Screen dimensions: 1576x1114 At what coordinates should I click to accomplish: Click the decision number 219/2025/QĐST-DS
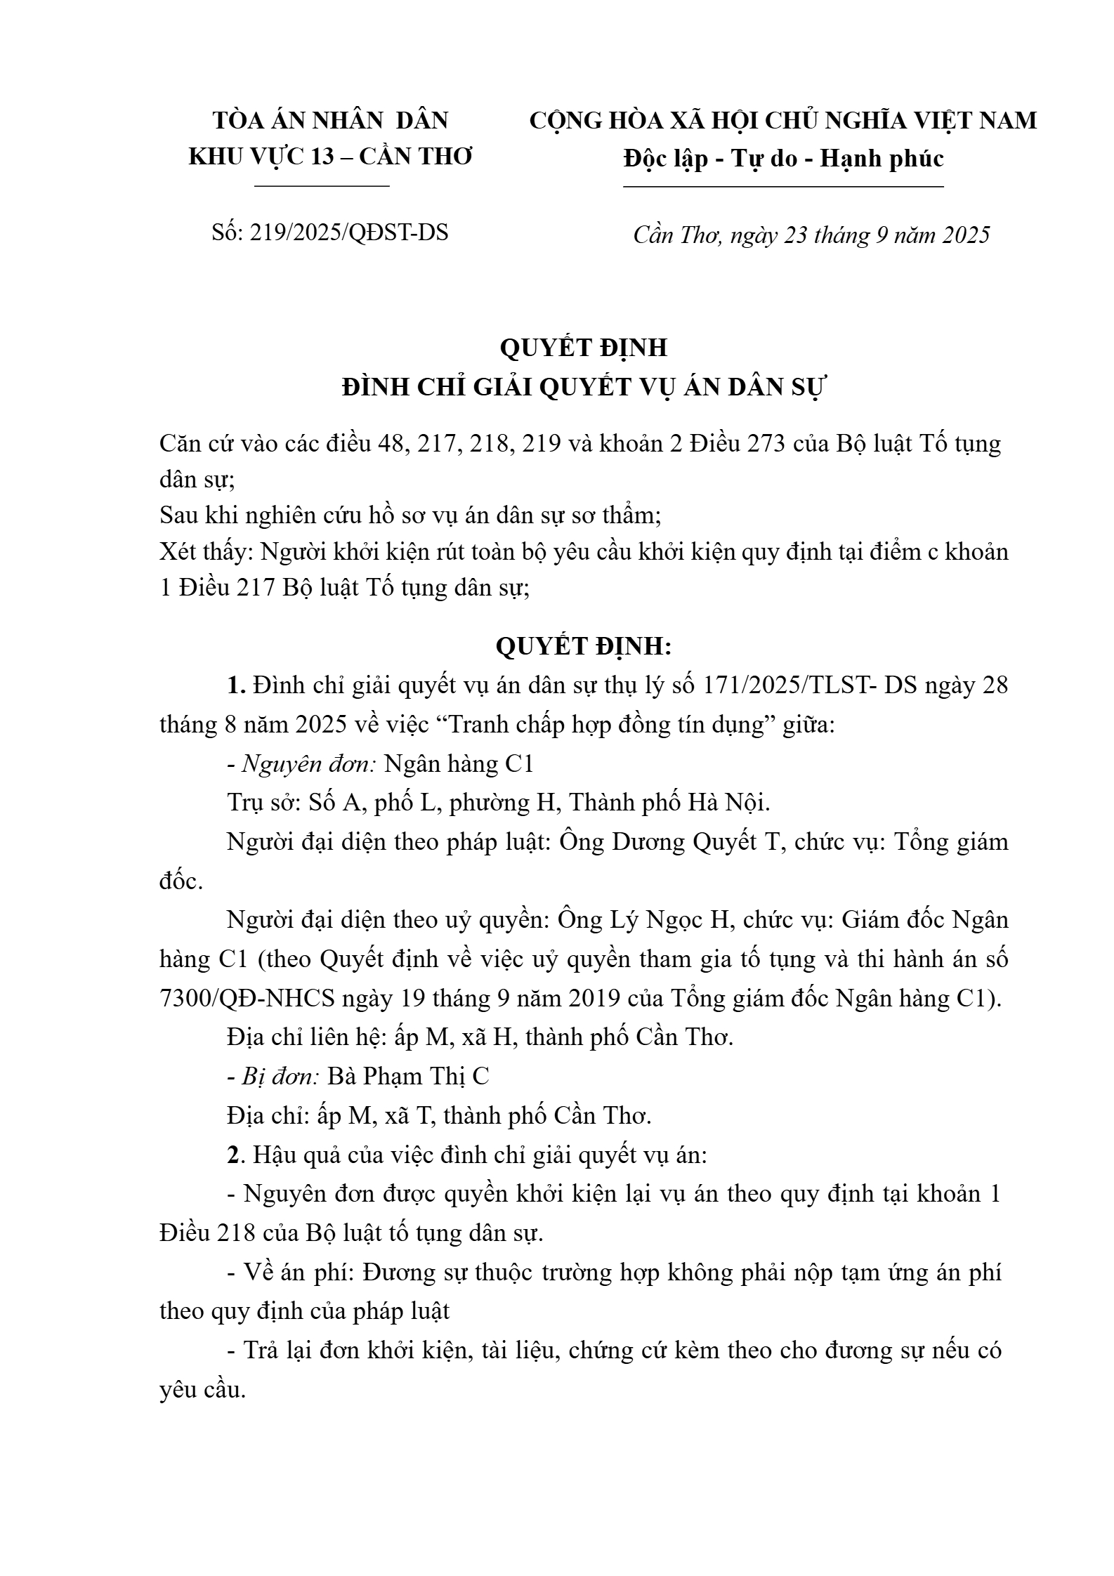click(x=348, y=232)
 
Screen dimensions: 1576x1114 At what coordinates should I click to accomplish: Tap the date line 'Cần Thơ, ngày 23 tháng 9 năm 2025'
click(x=811, y=235)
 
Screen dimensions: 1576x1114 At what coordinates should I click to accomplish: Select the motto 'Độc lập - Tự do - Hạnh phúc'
click(x=783, y=159)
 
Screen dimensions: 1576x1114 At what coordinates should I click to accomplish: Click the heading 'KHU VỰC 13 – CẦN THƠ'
click(x=331, y=157)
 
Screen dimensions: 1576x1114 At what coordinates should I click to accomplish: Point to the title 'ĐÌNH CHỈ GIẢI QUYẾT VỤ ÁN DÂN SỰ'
click(x=585, y=387)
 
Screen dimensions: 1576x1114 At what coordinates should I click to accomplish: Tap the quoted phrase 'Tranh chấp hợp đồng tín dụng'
click(x=605, y=724)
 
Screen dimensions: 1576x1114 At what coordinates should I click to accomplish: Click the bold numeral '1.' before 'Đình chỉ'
click(x=236, y=685)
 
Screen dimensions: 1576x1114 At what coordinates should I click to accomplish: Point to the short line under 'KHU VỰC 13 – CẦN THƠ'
click(x=322, y=186)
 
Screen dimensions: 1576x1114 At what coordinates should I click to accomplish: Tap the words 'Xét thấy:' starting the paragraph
click(x=207, y=552)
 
